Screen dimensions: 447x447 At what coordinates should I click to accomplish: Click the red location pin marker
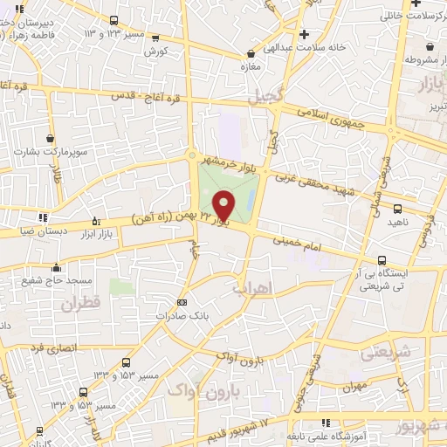(223, 204)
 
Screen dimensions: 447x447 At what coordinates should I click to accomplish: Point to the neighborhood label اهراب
(253, 286)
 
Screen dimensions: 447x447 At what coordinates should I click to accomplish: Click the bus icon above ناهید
(398, 209)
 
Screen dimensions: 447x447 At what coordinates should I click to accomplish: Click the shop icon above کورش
(155, 38)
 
